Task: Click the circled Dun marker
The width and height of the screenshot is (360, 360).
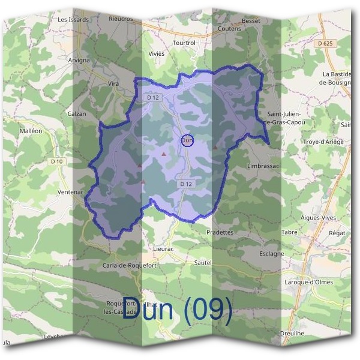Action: pos(187,140)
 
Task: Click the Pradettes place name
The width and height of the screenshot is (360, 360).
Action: pos(219,232)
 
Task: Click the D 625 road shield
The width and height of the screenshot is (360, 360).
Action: pos(326,44)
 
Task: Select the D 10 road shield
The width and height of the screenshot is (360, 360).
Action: pos(57,161)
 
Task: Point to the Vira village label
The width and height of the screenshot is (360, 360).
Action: pos(113,83)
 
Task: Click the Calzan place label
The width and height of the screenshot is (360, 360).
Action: pos(77,113)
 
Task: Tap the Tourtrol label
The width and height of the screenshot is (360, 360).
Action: pos(184,43)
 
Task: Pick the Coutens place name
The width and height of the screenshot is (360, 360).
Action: pos(229,28)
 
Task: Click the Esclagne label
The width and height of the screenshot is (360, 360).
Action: pos(271,253)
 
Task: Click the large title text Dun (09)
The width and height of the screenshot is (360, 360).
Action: pos(177,309)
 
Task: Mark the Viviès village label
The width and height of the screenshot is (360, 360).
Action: pos(156,53)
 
